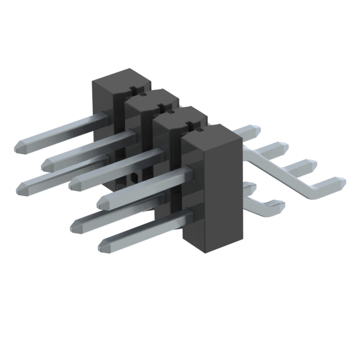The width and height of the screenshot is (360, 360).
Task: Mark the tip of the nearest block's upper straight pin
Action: [102, 201]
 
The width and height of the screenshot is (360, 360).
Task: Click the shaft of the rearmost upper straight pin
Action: [62, 132]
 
